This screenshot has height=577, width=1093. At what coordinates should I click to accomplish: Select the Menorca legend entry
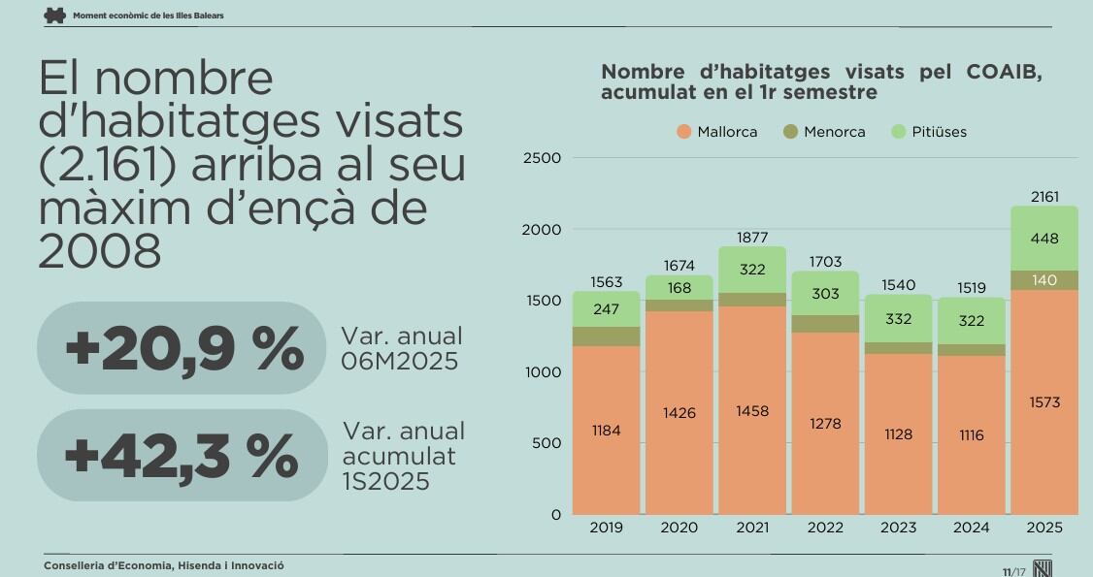coord(824,132)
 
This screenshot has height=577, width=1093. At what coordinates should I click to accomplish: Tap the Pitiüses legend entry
coord(928,132)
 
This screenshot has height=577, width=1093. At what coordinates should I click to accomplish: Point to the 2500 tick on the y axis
coord(542,158)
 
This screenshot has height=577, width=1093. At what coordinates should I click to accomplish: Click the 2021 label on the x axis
coord(752,529)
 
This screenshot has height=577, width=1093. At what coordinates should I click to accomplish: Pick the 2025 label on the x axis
coord(1044,529)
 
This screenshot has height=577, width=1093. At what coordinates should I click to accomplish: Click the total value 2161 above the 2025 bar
coord(1044,197)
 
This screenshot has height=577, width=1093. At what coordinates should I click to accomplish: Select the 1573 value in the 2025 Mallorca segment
coord(1044,402)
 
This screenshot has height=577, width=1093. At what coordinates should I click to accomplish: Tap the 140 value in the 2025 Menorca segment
coord(1044,280)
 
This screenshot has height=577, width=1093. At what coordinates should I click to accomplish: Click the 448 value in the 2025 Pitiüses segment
coord(1044,239)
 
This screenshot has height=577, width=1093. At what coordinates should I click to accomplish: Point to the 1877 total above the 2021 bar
coord(752,238)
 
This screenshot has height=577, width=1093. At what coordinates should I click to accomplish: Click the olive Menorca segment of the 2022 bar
coord(825,324)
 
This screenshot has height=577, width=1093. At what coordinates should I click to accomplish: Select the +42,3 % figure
coord(182,456)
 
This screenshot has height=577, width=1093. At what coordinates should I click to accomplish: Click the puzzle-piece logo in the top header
coord(55,15)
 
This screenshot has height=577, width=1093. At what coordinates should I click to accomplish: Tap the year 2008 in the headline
coord(99,252)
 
